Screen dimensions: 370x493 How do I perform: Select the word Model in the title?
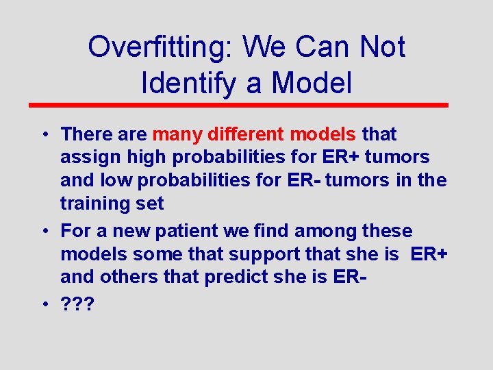tap(312, 82)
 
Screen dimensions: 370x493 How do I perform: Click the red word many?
tap(178, 134)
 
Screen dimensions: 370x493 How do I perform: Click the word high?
tap(145, 158)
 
